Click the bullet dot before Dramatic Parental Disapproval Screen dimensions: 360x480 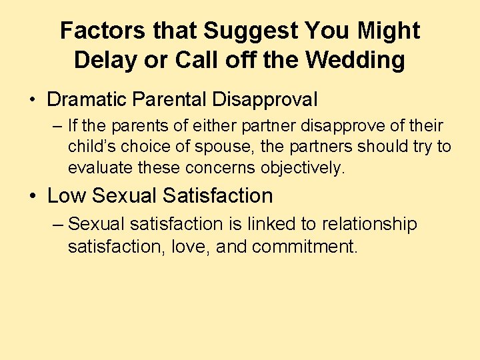click(32, 101)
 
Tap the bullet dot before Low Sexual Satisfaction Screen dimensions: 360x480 click(32, 196)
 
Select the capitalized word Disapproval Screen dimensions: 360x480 click(265, 100)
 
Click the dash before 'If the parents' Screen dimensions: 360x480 click(58, 126)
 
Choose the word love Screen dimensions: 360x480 click(185, 247)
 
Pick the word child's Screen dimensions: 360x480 click(89, 147)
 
